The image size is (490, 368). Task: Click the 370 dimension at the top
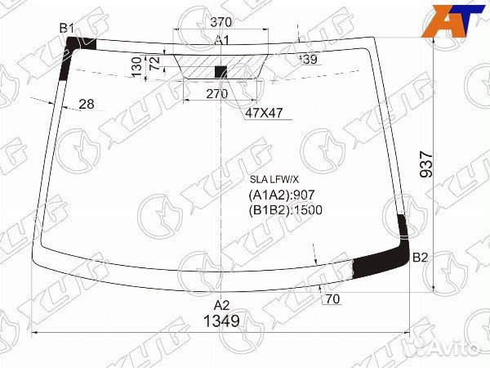point(221,22)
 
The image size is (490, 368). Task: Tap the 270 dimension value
point(217,93)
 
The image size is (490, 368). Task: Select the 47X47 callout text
point(264,113)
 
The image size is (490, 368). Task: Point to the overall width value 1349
point(221,321)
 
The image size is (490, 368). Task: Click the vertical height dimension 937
point(426,164)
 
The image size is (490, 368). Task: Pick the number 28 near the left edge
point(87,104)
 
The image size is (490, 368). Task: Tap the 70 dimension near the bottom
point(332,299)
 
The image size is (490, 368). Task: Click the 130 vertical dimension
point(137,67)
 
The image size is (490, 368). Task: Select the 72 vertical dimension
point(155,63)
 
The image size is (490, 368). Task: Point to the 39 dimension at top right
point(309,59)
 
